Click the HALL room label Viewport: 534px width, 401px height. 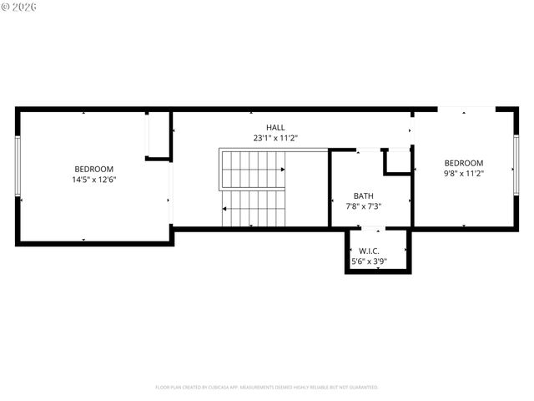275,128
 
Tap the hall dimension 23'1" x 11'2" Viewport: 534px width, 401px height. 275,138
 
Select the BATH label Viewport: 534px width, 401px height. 363,196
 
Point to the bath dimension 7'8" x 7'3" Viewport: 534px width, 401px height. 363,206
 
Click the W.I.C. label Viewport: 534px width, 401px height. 370,251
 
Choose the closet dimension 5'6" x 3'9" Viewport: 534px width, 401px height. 370,261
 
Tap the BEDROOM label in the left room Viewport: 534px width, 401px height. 93,169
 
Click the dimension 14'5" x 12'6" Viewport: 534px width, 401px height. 93,179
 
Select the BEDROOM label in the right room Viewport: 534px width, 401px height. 463,163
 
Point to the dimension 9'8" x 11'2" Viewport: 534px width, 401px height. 463,173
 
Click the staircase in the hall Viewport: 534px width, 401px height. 253,188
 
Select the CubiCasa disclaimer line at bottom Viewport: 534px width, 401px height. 267,387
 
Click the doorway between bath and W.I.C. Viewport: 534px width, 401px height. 375,228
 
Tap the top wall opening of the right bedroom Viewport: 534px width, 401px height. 466,109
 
